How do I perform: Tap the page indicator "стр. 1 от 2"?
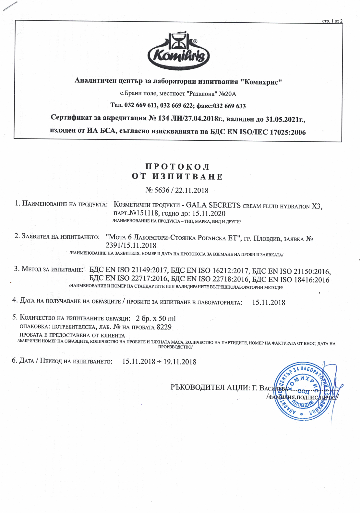click(x=332, y=21)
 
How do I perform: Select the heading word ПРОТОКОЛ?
click(x=177, y=167)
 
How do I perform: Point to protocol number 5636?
click(x=162, y=190)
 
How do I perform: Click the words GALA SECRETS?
click(x=213, y=205)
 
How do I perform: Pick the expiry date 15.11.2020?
click(x=209, y=213)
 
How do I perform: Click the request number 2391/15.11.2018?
click(x=131, y=245)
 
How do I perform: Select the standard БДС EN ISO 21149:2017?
click(x=128, y=270)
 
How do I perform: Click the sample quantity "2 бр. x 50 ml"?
click(x=156, y=318)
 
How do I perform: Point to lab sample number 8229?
click(x=164, y=327)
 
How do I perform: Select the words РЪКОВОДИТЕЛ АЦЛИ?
click(x=210, y=388)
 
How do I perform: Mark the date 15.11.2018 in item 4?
click(x=269, y=302)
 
